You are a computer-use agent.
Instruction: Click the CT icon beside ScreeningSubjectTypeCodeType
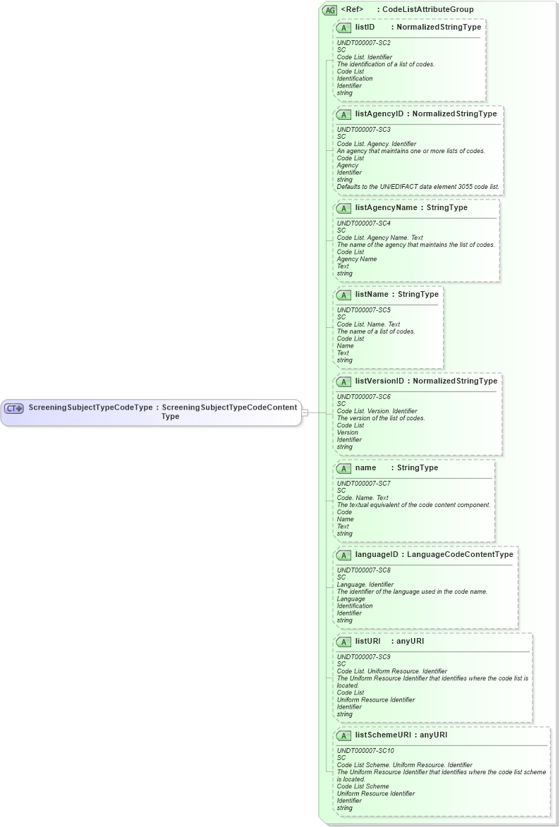pos(14,408)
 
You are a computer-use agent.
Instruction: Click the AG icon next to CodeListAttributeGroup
pos(329,10)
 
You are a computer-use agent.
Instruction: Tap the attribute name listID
pos(365,27)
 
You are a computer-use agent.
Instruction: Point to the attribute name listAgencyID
pos(379,114)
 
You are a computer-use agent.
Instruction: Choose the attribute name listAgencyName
pos(386,207)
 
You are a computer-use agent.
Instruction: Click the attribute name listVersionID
pos(379,381)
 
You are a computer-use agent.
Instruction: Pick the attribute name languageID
pos(377,554)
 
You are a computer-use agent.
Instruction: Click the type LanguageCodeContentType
pos(460,554)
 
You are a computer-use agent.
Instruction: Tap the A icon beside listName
pos(343,295)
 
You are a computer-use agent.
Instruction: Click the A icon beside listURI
pos(343,642)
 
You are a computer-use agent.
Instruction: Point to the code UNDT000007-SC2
pos(363,43)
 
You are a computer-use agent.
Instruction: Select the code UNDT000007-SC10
pos(365,750)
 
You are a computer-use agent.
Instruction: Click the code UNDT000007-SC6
pos(363,396)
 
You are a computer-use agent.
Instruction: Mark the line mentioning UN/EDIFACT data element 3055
pos(418,187)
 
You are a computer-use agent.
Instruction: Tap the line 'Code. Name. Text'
pos(363,498)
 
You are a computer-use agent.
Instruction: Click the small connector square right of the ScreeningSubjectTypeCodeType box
pos(305,412)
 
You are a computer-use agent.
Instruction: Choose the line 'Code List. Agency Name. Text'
pos(380,238)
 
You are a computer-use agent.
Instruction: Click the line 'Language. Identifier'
pos(365,584)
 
